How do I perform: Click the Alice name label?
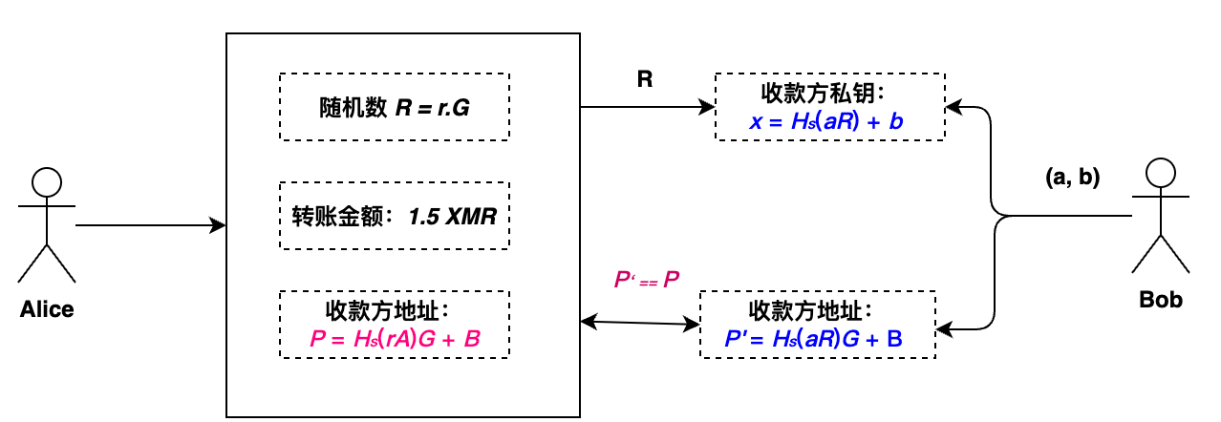click(x=47, y=308)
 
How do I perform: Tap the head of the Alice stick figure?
click(x=47, y=181)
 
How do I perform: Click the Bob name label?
click(x=1161, y=300)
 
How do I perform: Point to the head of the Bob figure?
click(x=1161, y=173)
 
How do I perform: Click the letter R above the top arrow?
click(x=645, y=79)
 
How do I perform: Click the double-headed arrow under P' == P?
click(x=640, y=324)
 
